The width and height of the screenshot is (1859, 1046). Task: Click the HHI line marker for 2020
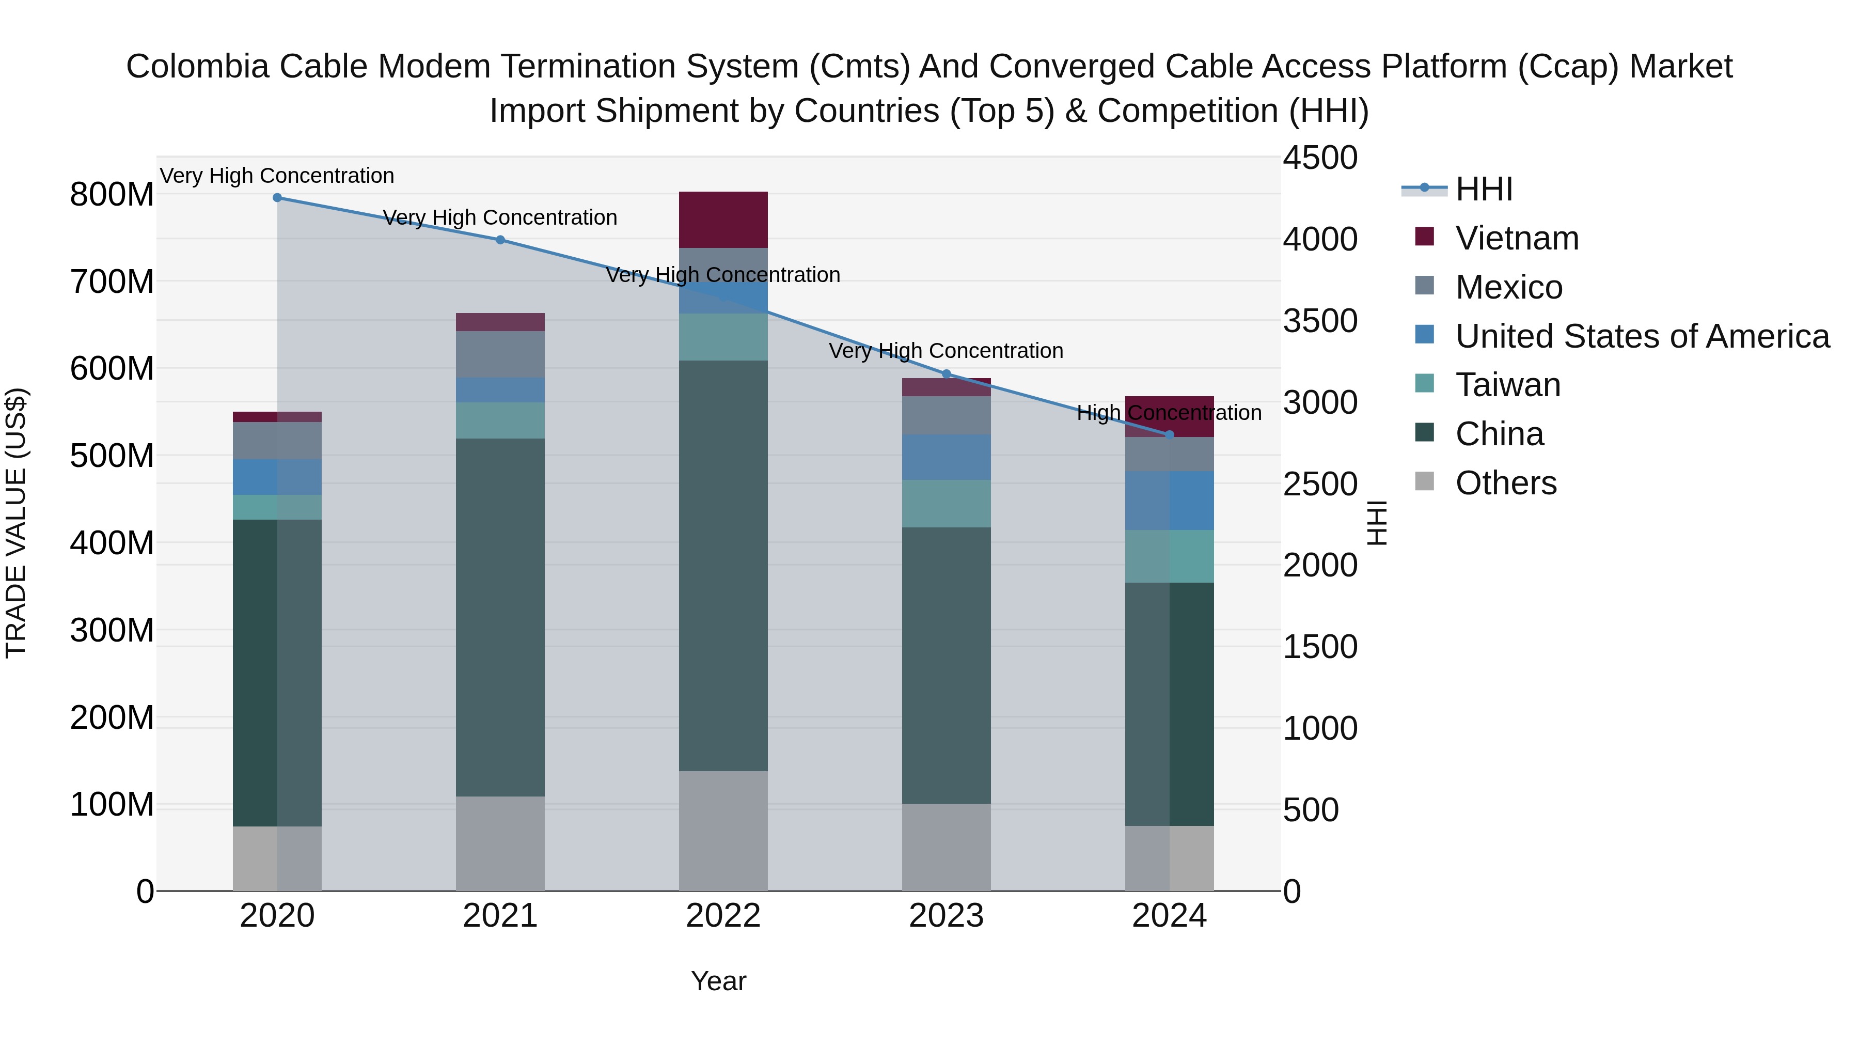(277, 198)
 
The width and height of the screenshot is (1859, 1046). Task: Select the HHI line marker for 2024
(1169, 434)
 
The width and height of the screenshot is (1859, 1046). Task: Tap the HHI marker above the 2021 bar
(500, 240)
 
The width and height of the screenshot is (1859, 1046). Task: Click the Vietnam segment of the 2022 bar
(723, 220)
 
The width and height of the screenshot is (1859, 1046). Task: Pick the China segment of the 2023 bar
(946, 664)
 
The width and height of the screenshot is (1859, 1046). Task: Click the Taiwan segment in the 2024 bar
(1169, 556)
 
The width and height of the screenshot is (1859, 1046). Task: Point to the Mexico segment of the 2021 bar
(500, 354)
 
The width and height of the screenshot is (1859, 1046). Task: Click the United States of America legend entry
(1642, 336)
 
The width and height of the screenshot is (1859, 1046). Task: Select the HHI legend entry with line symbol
(1483, 189)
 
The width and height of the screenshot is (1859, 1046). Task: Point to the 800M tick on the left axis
(112, 195)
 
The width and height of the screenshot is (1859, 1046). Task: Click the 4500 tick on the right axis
(1320, 158)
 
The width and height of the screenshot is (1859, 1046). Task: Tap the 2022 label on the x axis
(723, 916)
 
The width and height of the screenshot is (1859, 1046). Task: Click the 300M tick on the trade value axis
(112, 630)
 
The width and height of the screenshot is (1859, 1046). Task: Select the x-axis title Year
(718, 981)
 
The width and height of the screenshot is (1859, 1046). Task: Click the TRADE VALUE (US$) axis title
(16, 523)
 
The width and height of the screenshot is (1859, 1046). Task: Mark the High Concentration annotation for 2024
(1169, 413)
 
